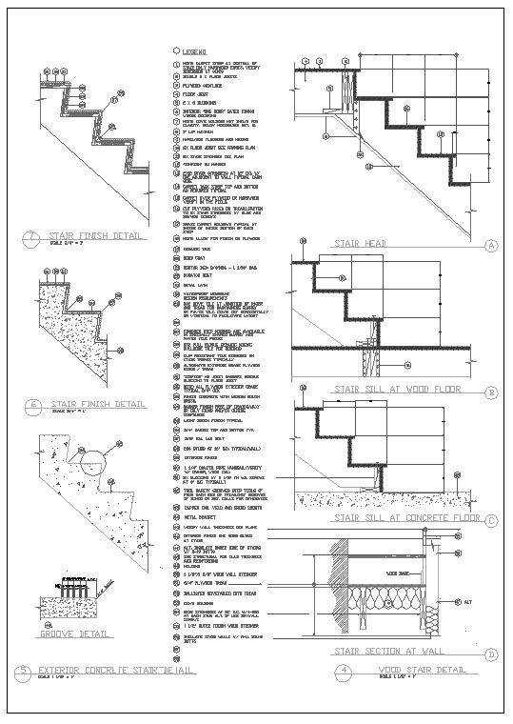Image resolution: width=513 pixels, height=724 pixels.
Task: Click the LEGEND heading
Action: (198, 51)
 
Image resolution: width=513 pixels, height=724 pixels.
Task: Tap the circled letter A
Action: (491, 245)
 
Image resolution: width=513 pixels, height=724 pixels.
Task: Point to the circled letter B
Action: (491, 392)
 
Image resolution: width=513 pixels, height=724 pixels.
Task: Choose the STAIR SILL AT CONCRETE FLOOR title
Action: (404, 518)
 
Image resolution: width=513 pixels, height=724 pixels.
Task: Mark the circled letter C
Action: (491, 519)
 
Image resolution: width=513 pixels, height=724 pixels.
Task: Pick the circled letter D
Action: (491, 654)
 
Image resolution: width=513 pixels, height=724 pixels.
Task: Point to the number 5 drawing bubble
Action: (23, 673)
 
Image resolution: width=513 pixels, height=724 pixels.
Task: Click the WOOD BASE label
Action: (399, 573)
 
